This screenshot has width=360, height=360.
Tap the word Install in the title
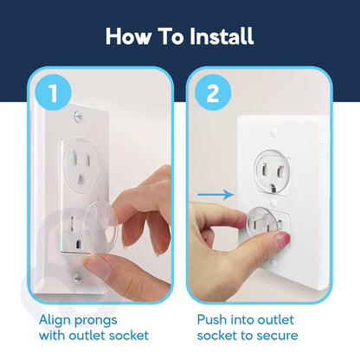(x=216, y=36)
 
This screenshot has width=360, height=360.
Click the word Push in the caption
(x=213, y=318)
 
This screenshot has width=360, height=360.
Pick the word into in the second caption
(x=251, y=318)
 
